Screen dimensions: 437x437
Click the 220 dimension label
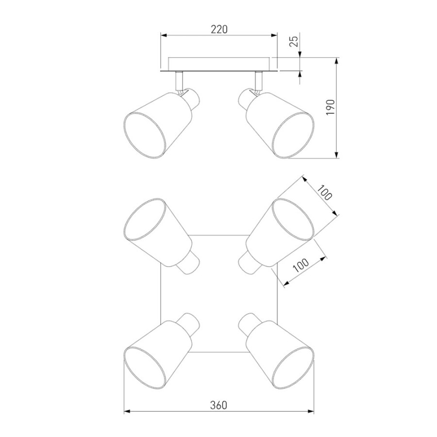coord(219,29)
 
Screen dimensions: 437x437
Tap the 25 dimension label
coord(295,41)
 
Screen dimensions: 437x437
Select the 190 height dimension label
coord(330,107)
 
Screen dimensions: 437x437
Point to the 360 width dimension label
coord(219,405)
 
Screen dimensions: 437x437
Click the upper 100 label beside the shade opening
coord(325,193)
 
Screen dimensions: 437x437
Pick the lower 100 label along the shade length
coord(301,265)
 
